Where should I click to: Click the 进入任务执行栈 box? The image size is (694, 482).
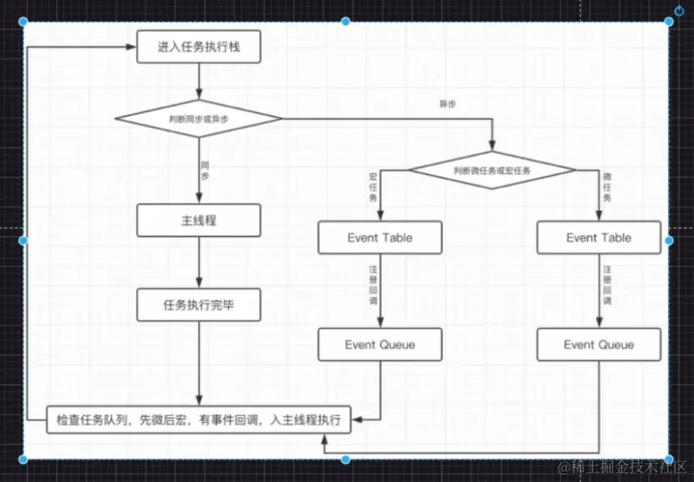click(199, 48)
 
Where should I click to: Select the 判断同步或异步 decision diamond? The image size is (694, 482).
click(199, 118)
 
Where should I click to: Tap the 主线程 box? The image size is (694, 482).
click(199, 220)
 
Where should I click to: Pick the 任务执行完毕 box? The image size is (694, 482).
click(199, 304)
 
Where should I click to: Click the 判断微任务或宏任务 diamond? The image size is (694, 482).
click(491, 170)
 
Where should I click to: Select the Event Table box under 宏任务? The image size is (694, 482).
click(380, 238)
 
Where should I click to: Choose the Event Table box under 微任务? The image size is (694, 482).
click(599, 238)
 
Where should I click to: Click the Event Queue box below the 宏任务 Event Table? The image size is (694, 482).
click(380, 345)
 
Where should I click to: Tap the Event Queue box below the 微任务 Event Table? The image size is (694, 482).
click(599, 345)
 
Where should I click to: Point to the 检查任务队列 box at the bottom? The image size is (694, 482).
click(199, 420)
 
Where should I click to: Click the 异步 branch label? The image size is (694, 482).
click(446, 104)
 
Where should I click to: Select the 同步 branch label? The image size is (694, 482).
click(205, 170)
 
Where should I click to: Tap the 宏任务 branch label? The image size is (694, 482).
click(373, 187)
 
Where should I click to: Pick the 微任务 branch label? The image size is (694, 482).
click(607, 187)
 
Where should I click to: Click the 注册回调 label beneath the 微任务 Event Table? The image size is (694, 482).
click(607, 284)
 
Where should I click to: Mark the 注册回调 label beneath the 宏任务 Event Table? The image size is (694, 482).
click(373, 284)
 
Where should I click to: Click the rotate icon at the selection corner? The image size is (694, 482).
click(679, 11)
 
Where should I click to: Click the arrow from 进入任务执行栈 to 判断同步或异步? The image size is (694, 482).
click(199, 82)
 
